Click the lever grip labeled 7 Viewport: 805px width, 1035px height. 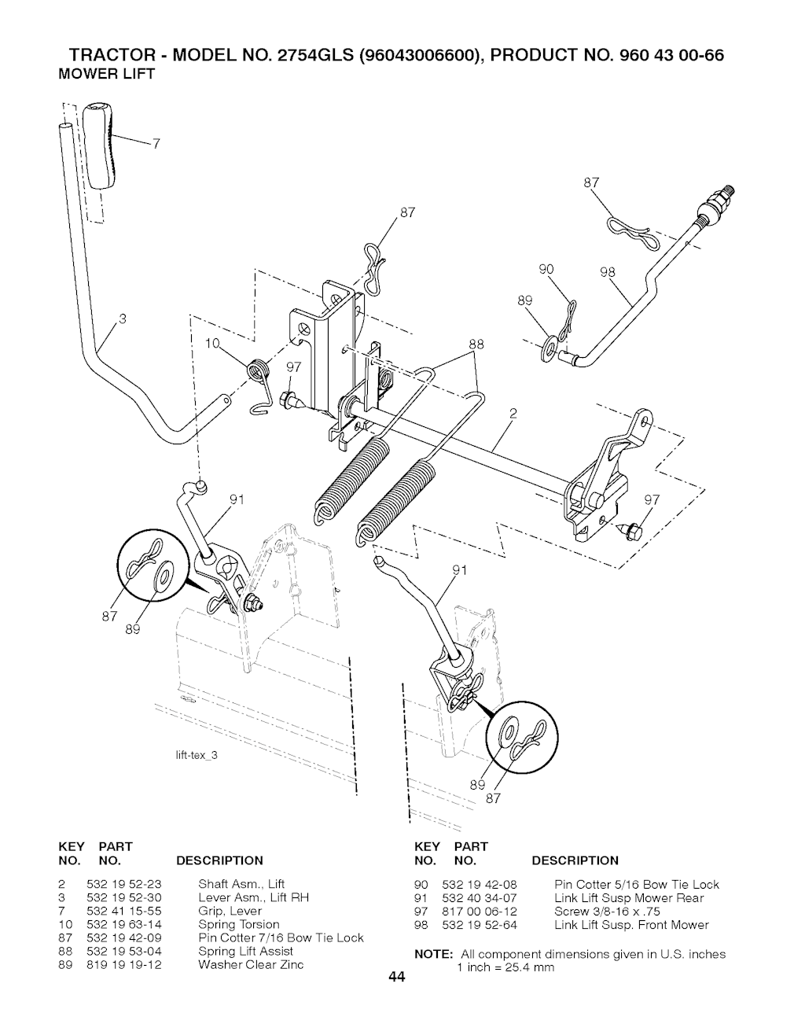[103, 145]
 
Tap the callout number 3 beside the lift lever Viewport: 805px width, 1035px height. [122, 319]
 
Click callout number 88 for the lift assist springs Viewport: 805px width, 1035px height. [476, 344]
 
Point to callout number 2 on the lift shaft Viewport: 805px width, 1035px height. [513, 413]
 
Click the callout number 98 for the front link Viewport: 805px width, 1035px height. [607, 273]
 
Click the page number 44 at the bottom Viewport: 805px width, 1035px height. [395, 978]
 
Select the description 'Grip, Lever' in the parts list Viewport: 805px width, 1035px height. [230, 911]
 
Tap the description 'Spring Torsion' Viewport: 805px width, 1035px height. [238, 924]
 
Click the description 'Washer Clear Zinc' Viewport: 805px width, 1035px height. [250, 964]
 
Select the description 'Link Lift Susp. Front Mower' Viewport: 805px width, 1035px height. [630, 924]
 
